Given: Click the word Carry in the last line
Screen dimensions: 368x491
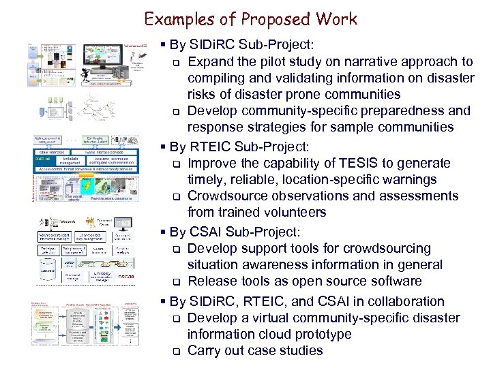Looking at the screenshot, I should tap(205, 351).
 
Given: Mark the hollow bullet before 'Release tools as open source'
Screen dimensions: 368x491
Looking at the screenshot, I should tap(175, 282).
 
